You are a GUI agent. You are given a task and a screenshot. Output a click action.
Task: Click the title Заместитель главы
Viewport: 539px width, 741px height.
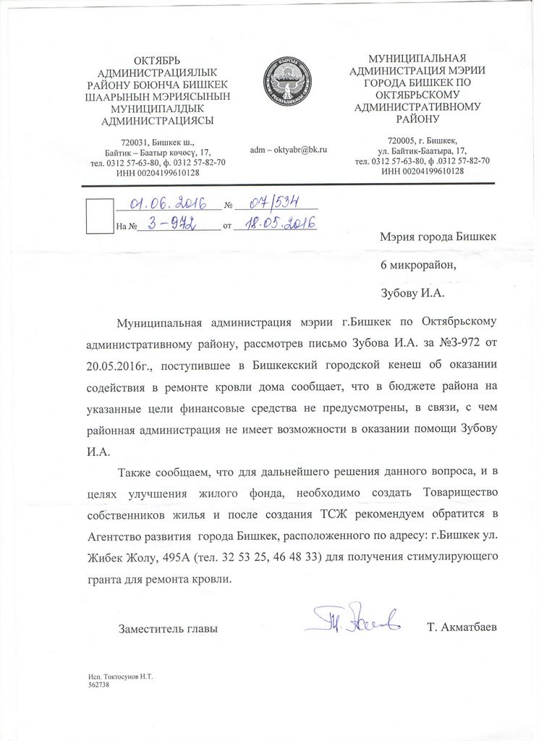168,629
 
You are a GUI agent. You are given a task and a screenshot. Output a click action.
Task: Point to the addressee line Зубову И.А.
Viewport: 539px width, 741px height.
411,294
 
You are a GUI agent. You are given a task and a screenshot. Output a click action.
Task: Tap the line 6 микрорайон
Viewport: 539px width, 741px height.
419,265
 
